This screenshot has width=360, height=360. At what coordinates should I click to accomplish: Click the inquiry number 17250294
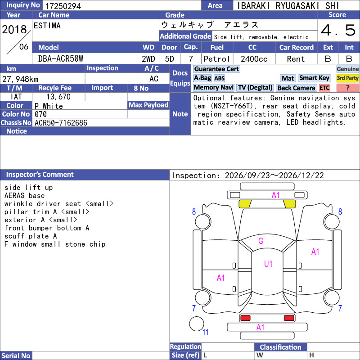coord(63,6)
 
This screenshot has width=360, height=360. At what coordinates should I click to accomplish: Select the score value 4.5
coord(338,30)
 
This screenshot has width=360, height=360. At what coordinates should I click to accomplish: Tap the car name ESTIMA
coord(47,26)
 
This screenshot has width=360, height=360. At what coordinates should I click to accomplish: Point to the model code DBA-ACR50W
coord(61,59)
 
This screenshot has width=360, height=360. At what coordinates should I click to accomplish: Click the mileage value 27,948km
coord(20,79)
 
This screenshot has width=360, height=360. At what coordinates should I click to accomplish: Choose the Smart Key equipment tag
coord(314,78)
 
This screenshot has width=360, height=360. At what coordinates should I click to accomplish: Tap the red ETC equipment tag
coord(324,88)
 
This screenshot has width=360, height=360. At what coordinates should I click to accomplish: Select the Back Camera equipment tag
coord(296,88)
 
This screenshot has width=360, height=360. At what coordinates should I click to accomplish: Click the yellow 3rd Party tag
coord(347,78)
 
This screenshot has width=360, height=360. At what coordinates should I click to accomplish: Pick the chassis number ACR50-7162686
coord(61,123)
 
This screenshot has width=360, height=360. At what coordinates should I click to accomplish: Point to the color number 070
coord(40,114)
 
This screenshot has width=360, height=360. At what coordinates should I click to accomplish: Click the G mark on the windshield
coord(261,241)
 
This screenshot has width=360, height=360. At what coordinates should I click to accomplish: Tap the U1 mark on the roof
coord(268,264)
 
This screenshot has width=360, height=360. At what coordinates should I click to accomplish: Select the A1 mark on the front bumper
coord(275,195)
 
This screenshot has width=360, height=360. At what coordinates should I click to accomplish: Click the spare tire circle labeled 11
coord(197,324)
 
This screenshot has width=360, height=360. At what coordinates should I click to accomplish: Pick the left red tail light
coord(245,318)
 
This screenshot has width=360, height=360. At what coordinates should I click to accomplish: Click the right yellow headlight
coord(289,204)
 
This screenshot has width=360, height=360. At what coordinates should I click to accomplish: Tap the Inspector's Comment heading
coord(40,175)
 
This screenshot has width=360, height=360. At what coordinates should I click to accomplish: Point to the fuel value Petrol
coord(217,59)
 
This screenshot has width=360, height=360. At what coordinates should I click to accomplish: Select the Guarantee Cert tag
coord(216,69)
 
